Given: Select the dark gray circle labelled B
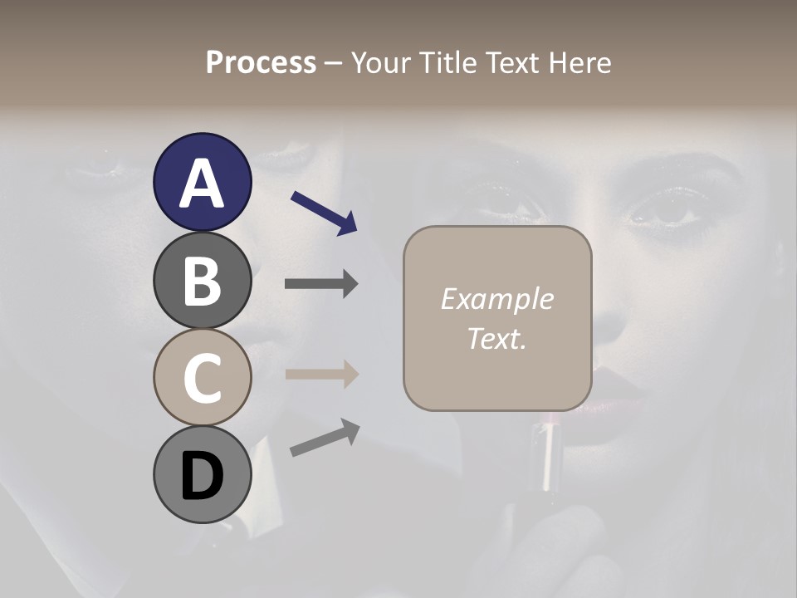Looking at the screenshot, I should tap(202, 281).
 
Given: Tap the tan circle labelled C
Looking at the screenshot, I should tap(202, 378).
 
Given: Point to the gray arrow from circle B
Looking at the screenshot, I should tap(321, 284).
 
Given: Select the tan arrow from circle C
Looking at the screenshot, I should tap(321, 374).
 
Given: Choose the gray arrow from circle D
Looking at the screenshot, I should tap(325, 438).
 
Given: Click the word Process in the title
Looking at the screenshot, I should tap(261, 63).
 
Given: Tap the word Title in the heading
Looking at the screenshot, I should tap(450, 63).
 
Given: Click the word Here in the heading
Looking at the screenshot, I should tap(580, 63).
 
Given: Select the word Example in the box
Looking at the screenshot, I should tap(496, 299).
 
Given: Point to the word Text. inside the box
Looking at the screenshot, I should tap(496, 338).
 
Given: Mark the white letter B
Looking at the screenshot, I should tap(202, 281).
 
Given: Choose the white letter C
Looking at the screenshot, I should tap(202, 378).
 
